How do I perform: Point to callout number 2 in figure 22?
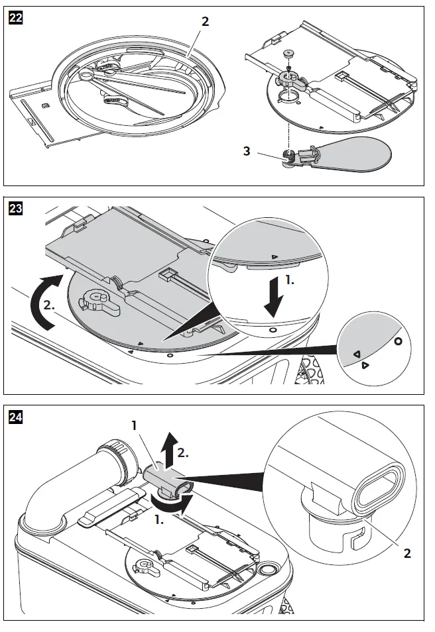205,21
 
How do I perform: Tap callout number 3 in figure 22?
247,151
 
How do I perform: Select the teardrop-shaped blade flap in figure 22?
359,153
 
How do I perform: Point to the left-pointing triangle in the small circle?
355,353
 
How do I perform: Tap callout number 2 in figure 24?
407,553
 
